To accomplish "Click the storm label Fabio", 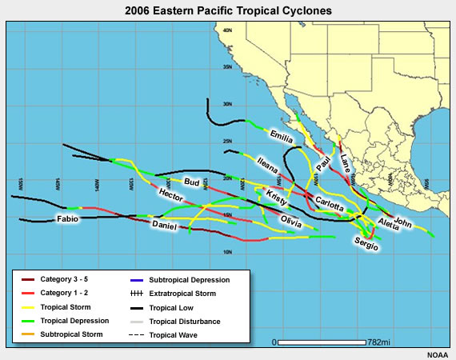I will (x=66, y=218).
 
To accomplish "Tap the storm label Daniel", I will (x=164, y=226).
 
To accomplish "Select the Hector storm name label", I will (x=170, y=195).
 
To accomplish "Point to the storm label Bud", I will (x=192, y=182).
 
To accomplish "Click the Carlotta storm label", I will (x=329, y=204).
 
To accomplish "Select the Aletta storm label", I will (x=387, y=222).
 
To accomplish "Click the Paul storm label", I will (x=323, y=163).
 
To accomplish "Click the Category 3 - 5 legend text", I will (x=65, y=279).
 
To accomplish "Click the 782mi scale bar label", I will (x=374, y=342).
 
